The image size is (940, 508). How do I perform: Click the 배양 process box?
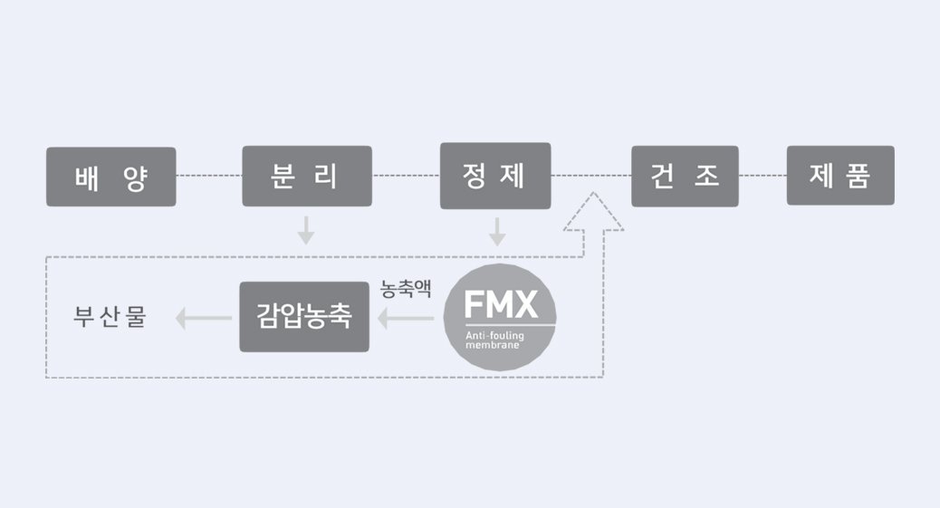[111, 177]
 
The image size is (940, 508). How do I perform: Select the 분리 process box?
[307, 176]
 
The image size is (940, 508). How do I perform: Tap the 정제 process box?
[494, 176]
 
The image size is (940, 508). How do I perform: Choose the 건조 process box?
[685, 176]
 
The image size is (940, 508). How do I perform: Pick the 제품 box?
[840, 176]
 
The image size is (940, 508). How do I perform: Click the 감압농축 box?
[304, 317]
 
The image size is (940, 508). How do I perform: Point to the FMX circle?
[500, 317]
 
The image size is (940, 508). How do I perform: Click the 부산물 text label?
[110, 318]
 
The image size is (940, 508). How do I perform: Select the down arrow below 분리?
[306, 230]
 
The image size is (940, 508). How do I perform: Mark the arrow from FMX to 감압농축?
[406, 318]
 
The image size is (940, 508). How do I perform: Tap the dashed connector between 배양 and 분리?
[209, 176]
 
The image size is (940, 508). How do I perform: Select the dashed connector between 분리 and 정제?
[406, 176]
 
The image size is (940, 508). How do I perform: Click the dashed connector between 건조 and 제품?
[763, 176]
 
